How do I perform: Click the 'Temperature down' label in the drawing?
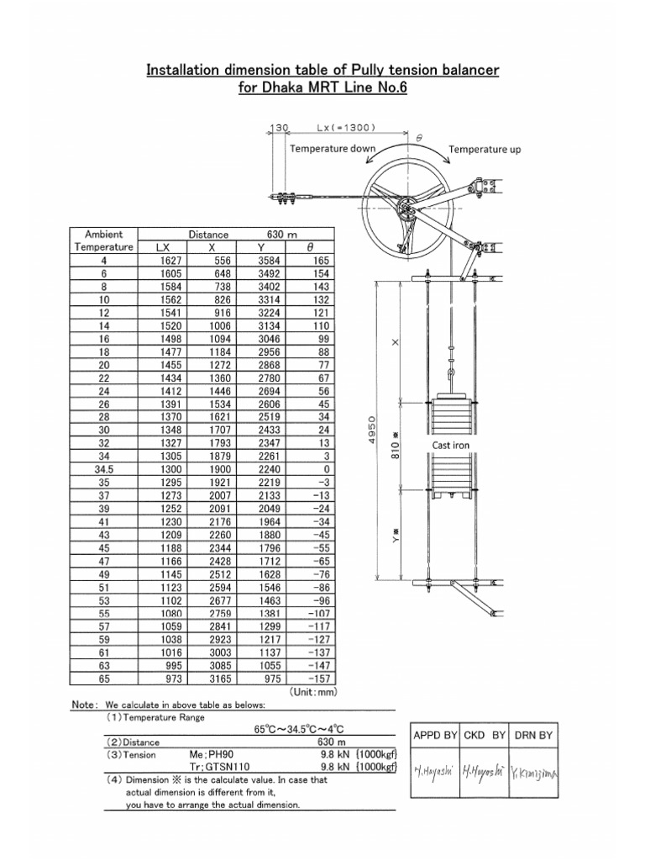(333, 149)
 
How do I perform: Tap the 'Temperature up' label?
(485, 149)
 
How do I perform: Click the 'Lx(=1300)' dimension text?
(346, 128)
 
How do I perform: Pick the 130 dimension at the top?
(279, 128)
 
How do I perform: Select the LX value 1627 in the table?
(169, 261)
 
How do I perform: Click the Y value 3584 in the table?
(268, 261)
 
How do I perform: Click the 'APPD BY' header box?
(434, 736)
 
